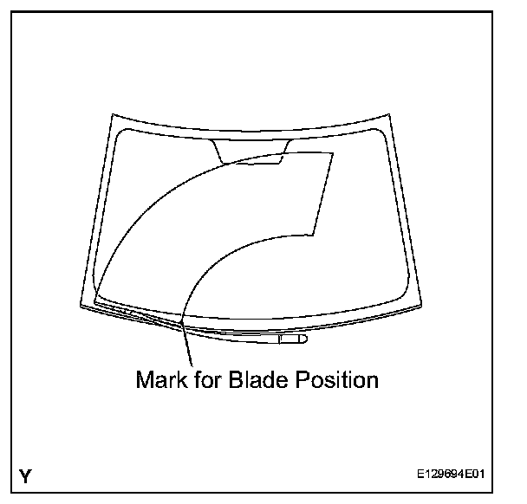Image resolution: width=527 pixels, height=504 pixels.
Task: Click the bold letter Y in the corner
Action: [26, 475]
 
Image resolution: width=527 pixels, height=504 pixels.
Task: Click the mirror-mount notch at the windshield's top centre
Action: [251, 151]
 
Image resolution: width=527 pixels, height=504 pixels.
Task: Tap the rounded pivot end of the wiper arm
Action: [299, 340]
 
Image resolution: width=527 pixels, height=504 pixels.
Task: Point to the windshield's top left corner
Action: [111, 113]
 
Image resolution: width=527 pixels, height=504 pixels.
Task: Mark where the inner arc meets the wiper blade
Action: [181, 323]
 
